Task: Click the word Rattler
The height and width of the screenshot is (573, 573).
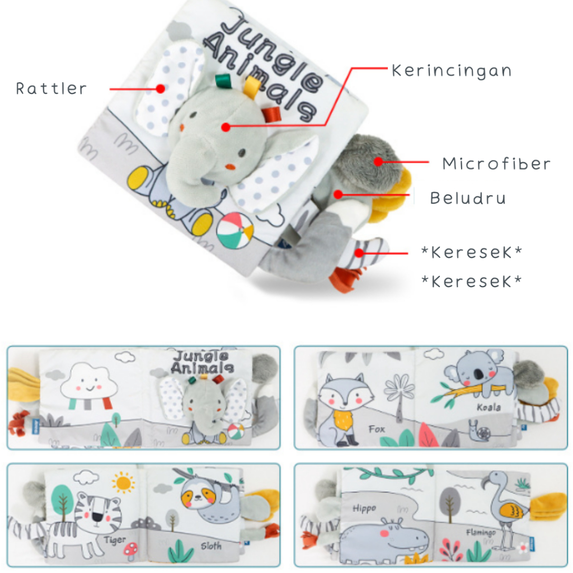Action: point(51,88)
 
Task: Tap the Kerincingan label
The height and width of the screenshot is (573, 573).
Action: point(452,71)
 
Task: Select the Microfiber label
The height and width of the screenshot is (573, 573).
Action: point(496,163)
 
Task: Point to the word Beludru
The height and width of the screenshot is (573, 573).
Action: point(468,198)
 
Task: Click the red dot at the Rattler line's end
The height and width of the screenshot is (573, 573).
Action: point(160,88)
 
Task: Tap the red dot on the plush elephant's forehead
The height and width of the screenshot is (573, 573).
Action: point(226,127)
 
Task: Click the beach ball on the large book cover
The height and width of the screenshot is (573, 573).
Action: point(234,231)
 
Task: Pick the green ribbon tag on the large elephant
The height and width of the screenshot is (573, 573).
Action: point(223,81)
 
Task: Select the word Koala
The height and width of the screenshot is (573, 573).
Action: point(489,407)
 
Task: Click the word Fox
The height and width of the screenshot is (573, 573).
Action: point(377,429)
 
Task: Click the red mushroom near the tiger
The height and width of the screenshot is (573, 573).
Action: point(130,550)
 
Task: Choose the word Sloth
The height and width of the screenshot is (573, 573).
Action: point(211,546)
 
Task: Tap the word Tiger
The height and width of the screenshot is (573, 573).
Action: point(114,540)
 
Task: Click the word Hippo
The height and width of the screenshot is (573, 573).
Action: point(364,508)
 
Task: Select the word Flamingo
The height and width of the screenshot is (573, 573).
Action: point(481,533)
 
